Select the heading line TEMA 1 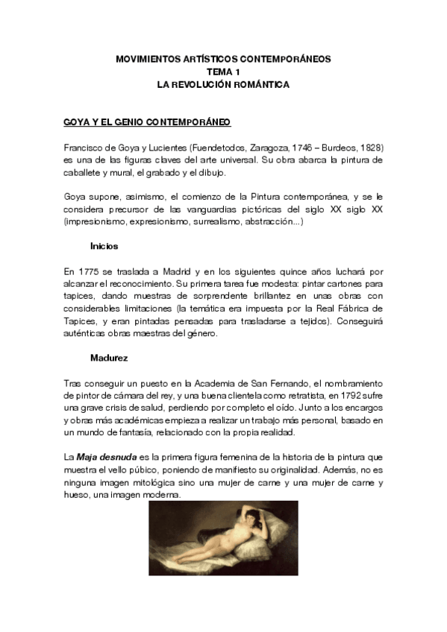(x=222, y=72)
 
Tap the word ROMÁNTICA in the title (x=263, y=85)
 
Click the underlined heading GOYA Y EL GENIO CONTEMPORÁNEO (x=147, y=121)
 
